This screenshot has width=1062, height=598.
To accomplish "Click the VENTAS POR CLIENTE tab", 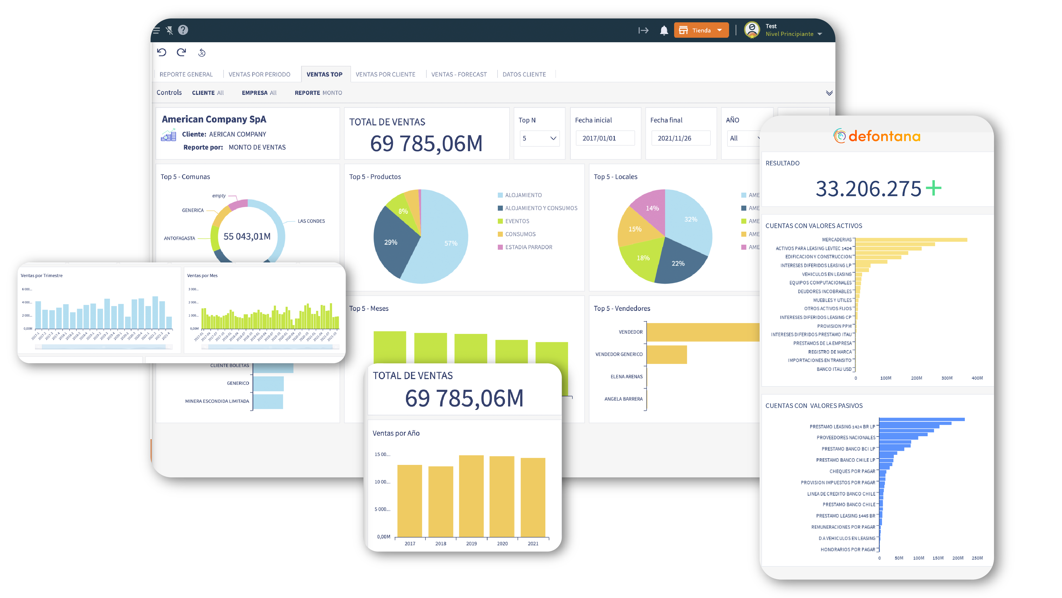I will (x=385, y=74).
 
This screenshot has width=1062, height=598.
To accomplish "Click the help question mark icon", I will (x=183, y=30).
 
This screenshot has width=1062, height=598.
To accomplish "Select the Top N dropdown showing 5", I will (x=539, y=138).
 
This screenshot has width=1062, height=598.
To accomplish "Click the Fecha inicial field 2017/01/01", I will (x=604, y=138).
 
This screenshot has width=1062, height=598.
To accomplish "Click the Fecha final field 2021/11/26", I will (x=680, y=138).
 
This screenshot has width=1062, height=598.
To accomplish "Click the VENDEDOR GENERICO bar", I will (x=666, y=354).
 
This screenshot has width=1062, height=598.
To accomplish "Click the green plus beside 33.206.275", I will (x=933, y=188).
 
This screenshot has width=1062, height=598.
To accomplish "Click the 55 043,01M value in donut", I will (x=247, y=236).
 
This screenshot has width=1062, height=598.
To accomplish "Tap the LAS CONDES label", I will (x=311, y=221).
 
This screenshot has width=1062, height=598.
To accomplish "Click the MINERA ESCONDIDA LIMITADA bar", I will (x=268, y=401).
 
